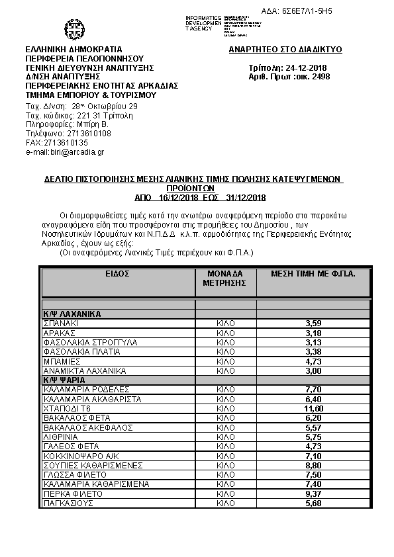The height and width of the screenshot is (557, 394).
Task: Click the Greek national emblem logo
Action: (x=74, y=30)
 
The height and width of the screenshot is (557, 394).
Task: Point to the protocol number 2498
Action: (x=320, y=77)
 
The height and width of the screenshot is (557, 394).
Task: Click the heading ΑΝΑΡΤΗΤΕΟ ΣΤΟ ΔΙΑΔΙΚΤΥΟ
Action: (x=285, y=50)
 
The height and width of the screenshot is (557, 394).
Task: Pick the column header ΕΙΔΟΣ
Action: (x=117, y=273)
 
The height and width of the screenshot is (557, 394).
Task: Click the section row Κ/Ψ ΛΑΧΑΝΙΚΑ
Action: (x=72, y=314)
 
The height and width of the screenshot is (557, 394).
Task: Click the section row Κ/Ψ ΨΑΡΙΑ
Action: (x=66, y=381)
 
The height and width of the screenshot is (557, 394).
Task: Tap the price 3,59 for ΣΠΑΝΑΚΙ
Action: (x=313, y=323)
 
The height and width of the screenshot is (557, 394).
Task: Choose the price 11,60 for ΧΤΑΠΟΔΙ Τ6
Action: (x=313, y=409)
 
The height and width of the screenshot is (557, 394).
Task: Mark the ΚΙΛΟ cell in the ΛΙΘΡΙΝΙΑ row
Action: (x=226, y=438)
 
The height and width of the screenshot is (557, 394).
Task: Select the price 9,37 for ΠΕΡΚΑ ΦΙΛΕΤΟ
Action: (x=313, y=494)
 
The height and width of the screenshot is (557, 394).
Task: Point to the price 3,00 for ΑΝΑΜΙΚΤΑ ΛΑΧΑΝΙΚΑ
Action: (x=313, y=371)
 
